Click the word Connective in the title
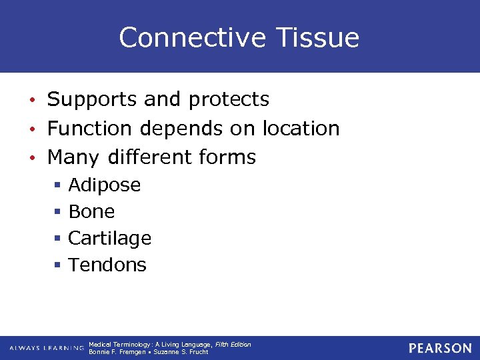coord(183,37)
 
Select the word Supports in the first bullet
coord(91,100)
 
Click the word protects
coord(229,100)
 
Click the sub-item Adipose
coord(105,185)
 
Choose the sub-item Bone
coord(91,212)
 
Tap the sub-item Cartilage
coord(109,238)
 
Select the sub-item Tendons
coord(107,265)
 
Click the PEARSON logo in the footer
coord(440,348)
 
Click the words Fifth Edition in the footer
coord(233,345)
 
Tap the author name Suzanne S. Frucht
coord(181,352)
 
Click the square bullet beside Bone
coord(58,212)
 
